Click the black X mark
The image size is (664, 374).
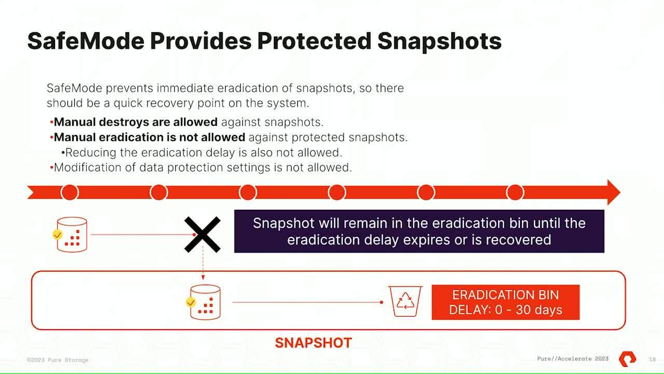click(202, 235)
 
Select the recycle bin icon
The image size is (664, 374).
click(405, 301)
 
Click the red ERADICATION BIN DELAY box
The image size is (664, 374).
click(505, 302)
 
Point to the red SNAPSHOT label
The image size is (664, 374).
click(313, 343)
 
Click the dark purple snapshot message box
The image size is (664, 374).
click(419, 231)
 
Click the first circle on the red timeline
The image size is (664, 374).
click(70, 192)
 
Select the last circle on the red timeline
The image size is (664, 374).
click(515, 192)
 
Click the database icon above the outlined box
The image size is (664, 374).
click(72, 235)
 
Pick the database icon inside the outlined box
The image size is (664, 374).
click(205, 302)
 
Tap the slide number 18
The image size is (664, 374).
click(652, 359)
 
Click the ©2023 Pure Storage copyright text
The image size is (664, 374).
click(58, 360)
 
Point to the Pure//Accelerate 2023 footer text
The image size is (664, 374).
click(573, 359)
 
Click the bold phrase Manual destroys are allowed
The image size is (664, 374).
click(136, 122)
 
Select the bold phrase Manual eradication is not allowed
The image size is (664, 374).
click(149, 137)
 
